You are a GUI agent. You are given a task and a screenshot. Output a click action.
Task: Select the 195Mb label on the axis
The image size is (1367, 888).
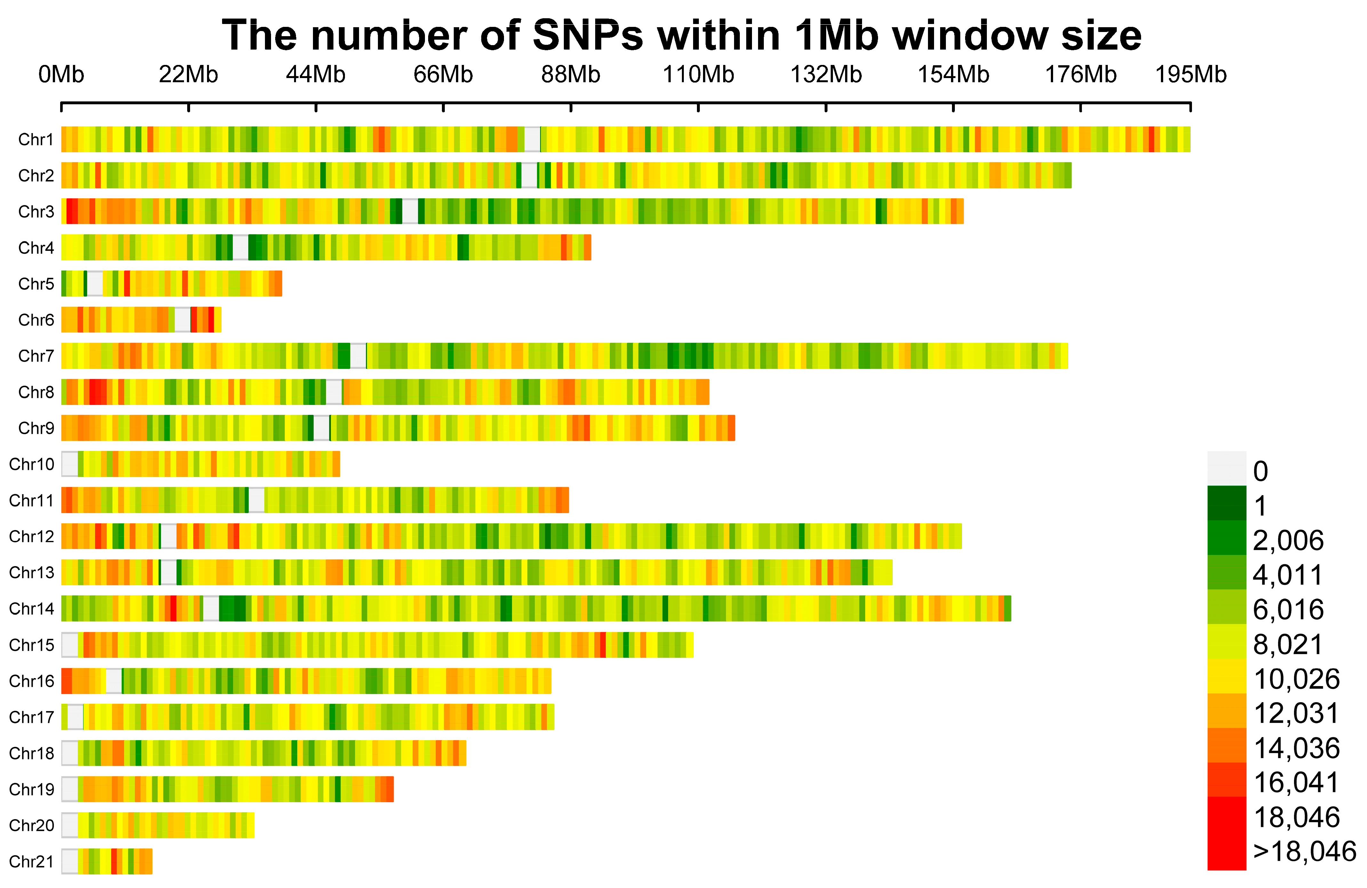click(1191, 75)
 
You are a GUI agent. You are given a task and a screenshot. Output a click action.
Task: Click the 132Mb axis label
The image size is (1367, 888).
click(826, 75)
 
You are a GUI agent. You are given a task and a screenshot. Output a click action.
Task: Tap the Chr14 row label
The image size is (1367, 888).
click(32, 608)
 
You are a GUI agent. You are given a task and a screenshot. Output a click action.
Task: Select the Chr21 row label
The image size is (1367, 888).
click(32, 861)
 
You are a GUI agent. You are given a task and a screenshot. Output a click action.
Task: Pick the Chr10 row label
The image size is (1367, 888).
click(32, 464)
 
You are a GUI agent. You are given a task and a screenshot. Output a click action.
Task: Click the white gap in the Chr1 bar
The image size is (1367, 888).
click(532, 139)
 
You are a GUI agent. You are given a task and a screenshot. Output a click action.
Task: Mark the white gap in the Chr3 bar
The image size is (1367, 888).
click(410, 211)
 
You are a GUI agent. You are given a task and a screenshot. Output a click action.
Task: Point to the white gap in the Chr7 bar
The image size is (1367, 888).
click(358, 356)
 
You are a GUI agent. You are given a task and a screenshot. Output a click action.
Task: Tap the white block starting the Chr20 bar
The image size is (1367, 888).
click(69, 825)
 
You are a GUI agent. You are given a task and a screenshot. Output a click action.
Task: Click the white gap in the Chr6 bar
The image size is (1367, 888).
click(183, 320)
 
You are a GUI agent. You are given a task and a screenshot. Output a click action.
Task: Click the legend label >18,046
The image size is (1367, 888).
click(1304, 851)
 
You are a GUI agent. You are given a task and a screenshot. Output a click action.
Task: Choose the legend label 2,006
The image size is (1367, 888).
click(1288, 541)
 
